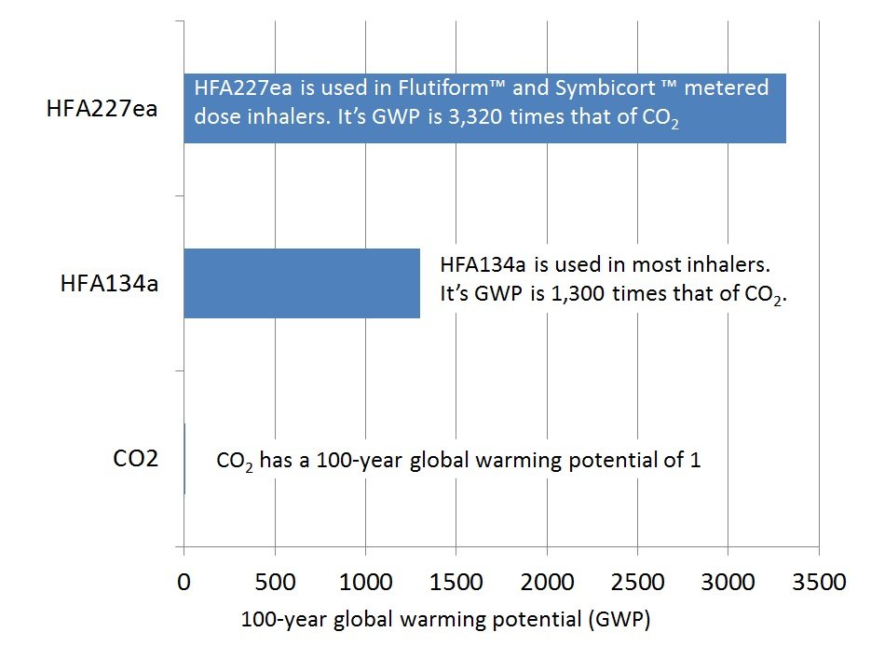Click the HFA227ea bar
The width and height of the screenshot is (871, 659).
484,108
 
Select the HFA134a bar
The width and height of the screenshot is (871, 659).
302,283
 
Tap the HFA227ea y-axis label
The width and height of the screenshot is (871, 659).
102,109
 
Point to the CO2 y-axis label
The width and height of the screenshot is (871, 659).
136,458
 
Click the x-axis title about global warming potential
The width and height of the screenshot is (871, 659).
444,621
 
